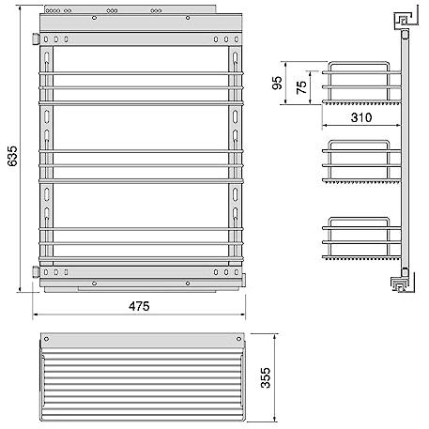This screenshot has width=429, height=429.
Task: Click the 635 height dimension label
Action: click(13, 156)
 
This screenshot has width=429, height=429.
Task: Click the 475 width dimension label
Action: click(139, 306)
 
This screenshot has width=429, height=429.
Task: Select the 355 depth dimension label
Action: click(266, 377)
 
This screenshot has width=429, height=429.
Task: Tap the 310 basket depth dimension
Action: click(361, 117)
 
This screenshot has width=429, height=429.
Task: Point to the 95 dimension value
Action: click(277, 83)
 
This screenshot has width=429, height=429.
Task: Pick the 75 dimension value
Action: click(301, 87)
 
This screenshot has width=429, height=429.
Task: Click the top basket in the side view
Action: click(361, 83)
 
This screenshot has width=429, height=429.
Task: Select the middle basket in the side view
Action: click(361, 161)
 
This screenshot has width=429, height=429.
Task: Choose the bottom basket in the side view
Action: click(361, 238)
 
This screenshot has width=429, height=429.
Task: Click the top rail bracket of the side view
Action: click(404, 21)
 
